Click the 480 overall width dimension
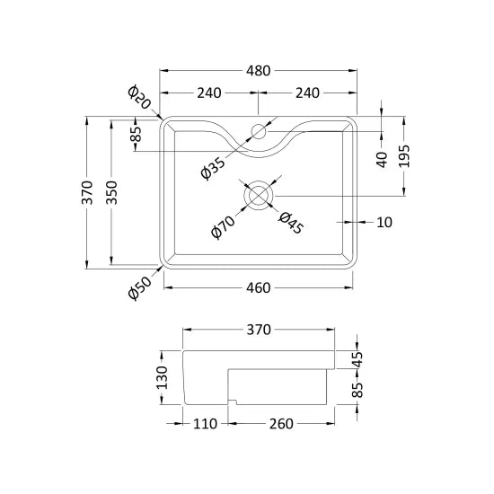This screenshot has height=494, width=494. point(258,71)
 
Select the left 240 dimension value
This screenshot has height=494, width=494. point(209,93)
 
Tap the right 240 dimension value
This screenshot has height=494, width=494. point(307,93)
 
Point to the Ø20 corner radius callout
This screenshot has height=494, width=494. point(139,97)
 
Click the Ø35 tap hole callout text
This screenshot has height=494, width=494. point(213,168)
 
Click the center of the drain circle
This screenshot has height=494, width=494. point(259,196)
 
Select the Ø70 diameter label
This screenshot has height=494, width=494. point(223,227)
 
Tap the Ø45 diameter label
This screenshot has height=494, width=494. point(291,223)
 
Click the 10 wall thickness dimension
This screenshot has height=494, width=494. point(384,223)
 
